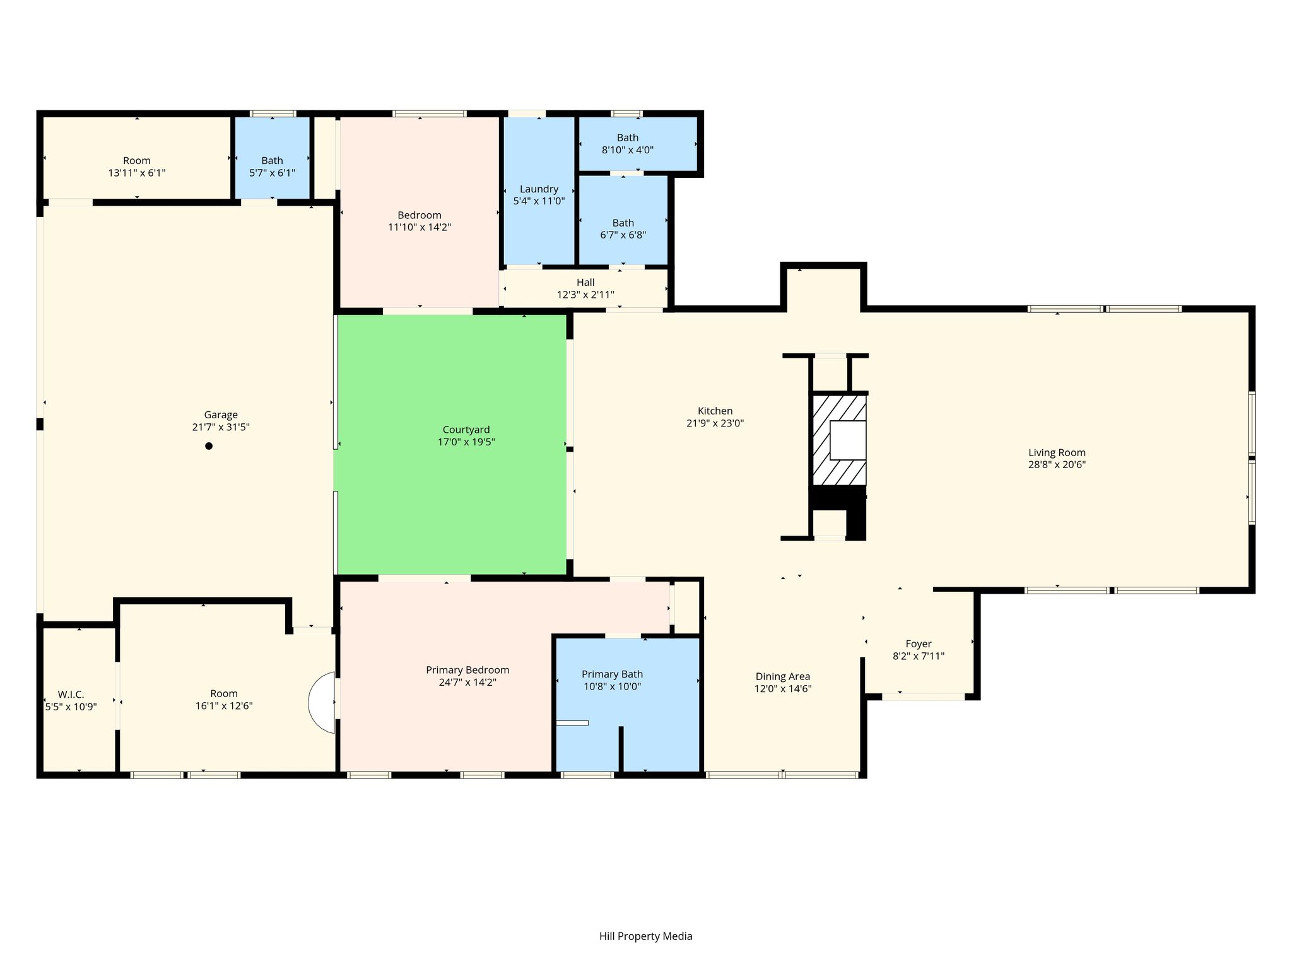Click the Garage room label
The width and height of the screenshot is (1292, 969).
pos(221,415)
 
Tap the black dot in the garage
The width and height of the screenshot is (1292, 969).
pos(209,446)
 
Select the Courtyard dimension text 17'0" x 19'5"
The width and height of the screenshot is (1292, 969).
pos(466,442)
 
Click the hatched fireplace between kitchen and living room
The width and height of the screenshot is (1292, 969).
pos(838,440)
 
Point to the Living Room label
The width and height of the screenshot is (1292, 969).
pos(1057,452)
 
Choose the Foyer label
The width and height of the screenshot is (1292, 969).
pos(919,644)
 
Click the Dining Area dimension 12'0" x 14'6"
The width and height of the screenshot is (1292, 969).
pos(783,689)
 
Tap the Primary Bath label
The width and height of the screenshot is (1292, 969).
pos(612,674)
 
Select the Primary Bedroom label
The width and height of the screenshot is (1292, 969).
pos(467,670)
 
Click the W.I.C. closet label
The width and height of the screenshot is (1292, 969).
pos(71,695)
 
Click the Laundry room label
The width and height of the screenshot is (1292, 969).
pos(539,189)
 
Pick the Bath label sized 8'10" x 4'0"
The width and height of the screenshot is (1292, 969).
pos(628,138)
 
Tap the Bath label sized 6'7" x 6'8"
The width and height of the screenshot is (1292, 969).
pos(623,223)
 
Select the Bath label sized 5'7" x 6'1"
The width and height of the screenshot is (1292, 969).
pos(273,161)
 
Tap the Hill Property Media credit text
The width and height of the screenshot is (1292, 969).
pos(646,936)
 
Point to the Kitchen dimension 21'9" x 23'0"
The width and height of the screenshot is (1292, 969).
pos(715,423)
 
